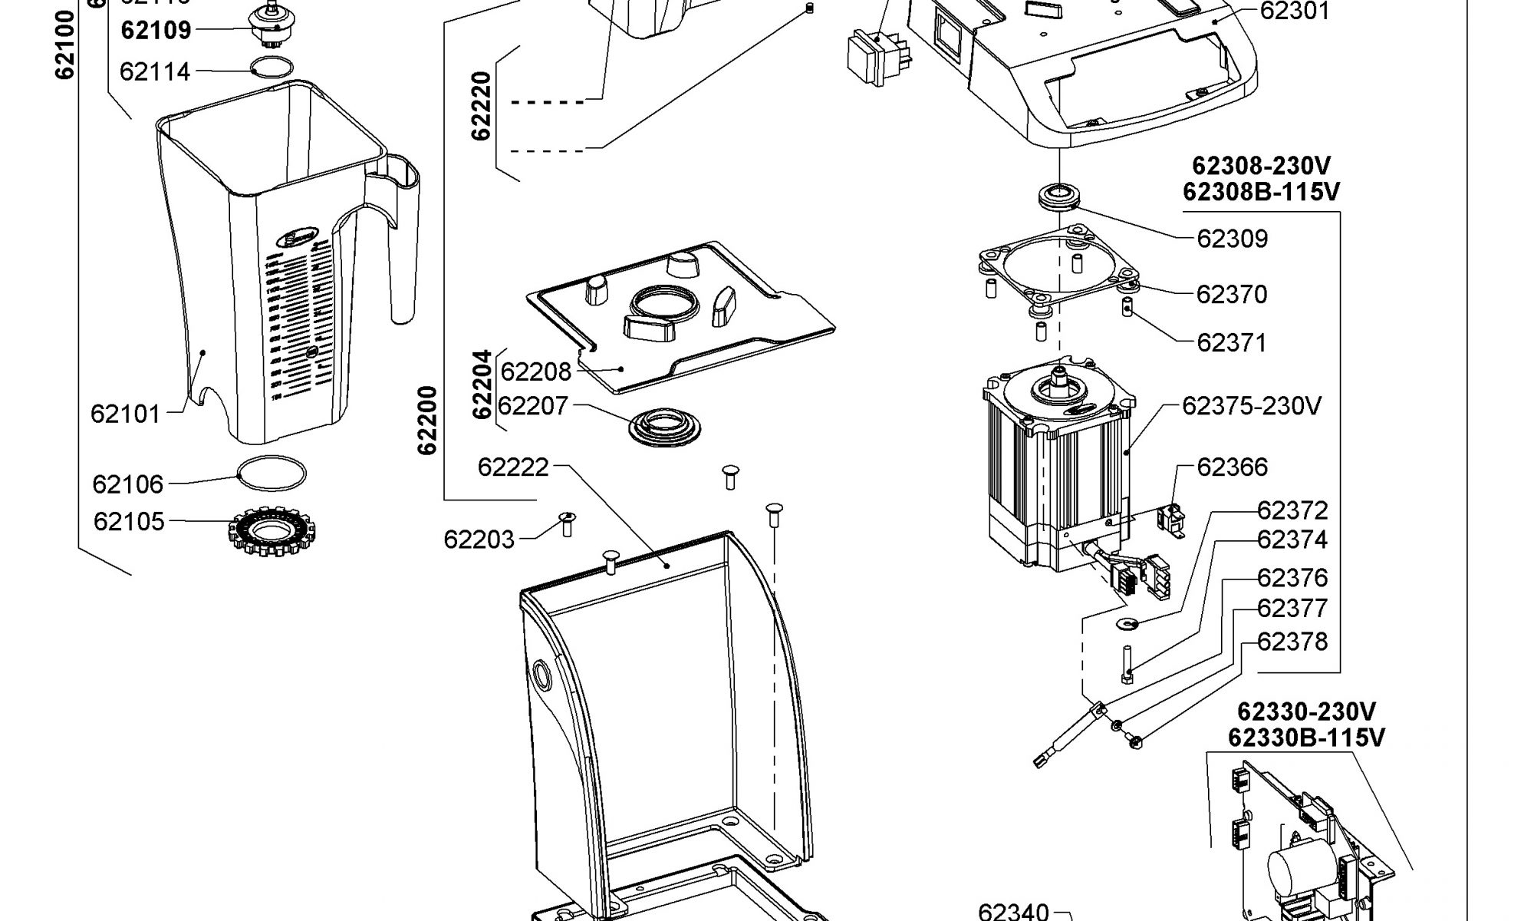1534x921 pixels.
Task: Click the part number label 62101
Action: tap(125, 414)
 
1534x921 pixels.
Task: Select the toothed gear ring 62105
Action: tap(274, 531)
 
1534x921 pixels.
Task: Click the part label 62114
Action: tap(154, 71)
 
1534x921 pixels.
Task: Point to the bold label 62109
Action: tap(156, 30)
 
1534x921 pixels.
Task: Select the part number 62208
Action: tap(535, 371)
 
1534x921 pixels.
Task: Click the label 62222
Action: tap(513, 467)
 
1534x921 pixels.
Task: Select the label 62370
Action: tap(1232, 294)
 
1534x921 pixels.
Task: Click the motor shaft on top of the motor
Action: tap(1060, 375)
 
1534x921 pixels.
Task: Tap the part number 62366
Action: tap(1233, 467)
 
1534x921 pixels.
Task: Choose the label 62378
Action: tap(1292, 641)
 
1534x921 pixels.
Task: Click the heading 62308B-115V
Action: tap(1261, 191)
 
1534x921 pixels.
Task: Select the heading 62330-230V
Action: tap(1306, 711)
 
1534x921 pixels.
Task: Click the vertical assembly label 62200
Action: tap(427, 420)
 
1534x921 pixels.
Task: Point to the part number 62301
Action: tap(1295, 11)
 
